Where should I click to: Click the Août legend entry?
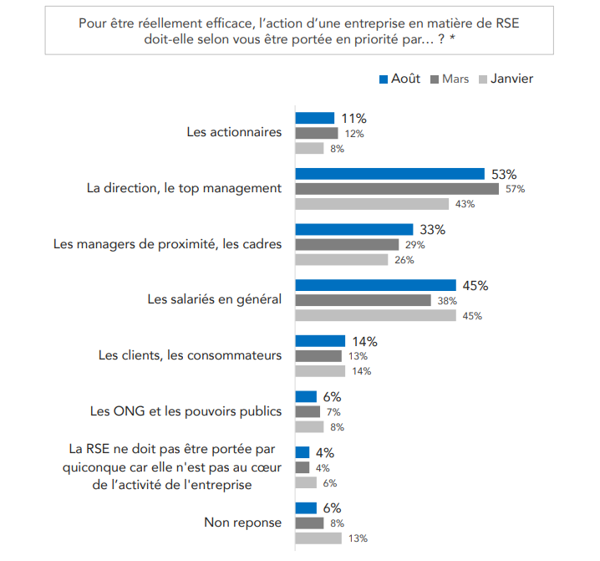pos(400,79)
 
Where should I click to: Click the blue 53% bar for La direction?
pos(390,174)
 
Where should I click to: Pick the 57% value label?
pos(515,189)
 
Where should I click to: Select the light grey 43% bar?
pos(372,204)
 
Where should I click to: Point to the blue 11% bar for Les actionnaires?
pos(315,118)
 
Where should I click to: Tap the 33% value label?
pos(432,230)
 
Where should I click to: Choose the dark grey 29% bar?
pos(348,244)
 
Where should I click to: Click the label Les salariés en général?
pos(215,299)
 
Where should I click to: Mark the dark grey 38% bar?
pos(364,300)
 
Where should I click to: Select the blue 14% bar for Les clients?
pos(320,341)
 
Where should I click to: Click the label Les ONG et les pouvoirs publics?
pos(186,411)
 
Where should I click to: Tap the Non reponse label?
pos(243,523)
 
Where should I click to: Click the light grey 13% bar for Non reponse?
pos(318,538)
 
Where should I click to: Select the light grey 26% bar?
pos(343,259)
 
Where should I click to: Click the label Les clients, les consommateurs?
pos(190,355)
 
